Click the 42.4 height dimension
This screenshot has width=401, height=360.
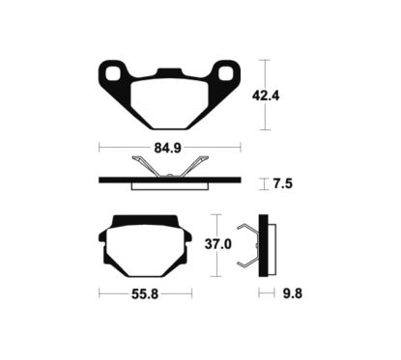(266, 96)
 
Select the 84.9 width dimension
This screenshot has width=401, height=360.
(168, 148)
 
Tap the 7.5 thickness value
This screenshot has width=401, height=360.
(283, 184)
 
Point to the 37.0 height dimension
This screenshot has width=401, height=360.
(218, 244)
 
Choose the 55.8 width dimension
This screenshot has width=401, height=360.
(145, 293)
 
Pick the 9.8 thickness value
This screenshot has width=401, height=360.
(293, 293)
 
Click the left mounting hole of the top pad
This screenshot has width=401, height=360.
(112, 73)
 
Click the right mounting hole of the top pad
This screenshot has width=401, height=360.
(225, 73)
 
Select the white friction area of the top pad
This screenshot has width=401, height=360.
(169, 104)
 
